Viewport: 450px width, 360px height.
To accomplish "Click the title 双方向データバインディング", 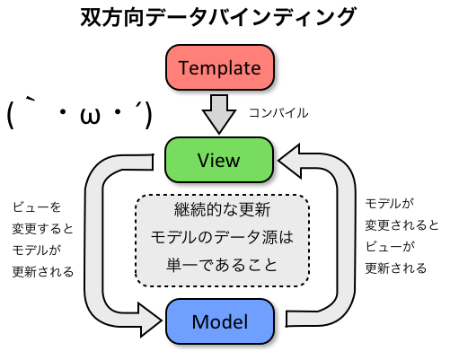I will click(x=225, y=17).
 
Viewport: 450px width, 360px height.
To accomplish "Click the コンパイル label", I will click(x=278, y=113).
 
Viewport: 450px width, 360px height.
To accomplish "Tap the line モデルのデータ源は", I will click(x=221, y=239).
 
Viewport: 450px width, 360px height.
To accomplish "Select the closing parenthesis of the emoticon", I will click(x=143, y=116).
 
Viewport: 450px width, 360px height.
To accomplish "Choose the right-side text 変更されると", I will click(x=401, y=224).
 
